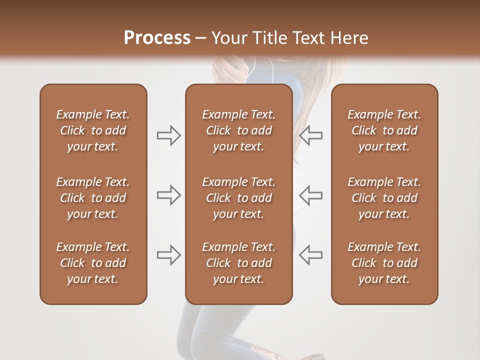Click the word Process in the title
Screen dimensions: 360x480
[157, 38]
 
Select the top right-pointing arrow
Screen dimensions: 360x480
[168, 135]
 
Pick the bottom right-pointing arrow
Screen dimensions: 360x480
[168, 254]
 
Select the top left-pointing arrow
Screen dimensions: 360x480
[310, 135]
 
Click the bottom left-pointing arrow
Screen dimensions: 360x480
[310, 254]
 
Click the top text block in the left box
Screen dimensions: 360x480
[93, 130]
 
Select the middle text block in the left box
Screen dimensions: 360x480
[93, 198]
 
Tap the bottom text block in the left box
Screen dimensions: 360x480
[93, 263]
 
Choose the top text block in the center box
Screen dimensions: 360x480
[238, 130]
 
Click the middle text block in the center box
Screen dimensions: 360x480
[238, 198]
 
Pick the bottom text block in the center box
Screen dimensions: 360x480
[238, 263]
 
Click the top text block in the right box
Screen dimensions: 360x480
[384, 130]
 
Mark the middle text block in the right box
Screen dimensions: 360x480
[384, 198]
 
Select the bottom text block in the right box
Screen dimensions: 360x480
[384, 263]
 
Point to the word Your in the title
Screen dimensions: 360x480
[228, 38]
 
